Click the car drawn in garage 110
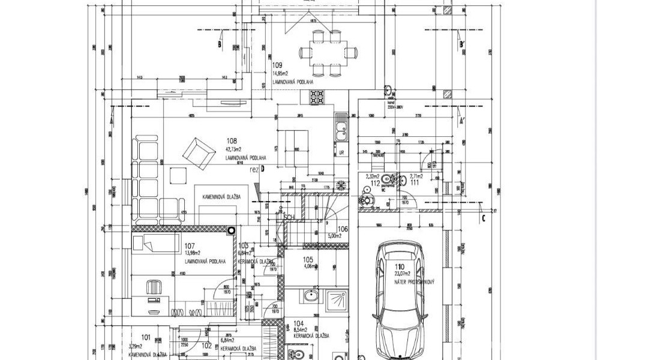click(400, 300)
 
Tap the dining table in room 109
click(328, 52)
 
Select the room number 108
click(231, 142)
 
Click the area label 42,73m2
click(233, 149)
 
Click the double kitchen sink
click(340, 126)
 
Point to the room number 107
click(190, 245)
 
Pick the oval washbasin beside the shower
click(310, 296)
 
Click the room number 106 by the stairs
click(343, 229)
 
